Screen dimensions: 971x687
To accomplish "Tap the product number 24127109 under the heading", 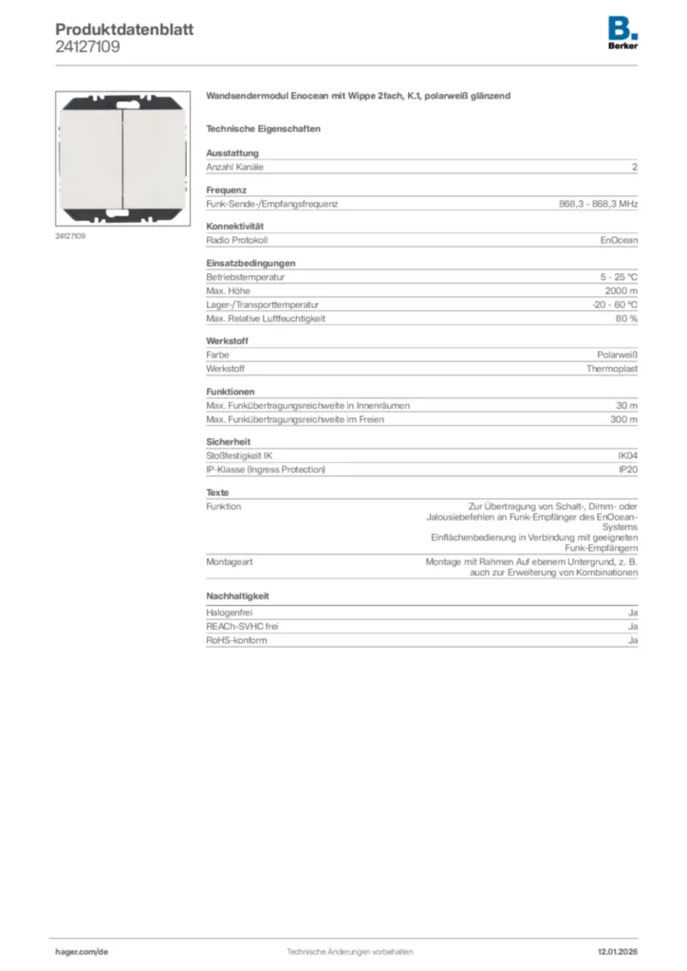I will (x=87, y=46).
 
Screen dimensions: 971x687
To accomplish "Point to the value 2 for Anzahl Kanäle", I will (x=635, y=167).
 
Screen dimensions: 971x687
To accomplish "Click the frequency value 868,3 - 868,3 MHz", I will (x=598, y=204).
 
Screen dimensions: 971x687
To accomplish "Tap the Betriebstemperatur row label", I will (x=246, y=277).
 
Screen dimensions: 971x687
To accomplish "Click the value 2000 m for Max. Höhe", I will (x=622, y=290).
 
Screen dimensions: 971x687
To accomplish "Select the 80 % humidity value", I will (x=626, y=319).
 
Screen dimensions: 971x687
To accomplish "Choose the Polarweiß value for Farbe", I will (x=616, y=355).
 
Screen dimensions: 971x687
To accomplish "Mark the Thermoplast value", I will (x=612, y=368).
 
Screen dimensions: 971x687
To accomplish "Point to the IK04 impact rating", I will (x=627, y=456).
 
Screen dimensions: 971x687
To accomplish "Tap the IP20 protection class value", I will (x=628, y=469).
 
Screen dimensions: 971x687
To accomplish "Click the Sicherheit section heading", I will (x=229, y=442).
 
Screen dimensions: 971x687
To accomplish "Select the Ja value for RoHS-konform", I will (x=633, y=640).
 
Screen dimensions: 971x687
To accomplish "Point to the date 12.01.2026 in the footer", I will (x=611, y=951).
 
